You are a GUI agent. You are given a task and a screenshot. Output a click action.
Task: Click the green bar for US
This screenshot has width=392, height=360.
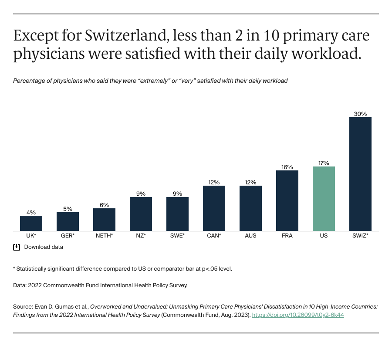point(324,199)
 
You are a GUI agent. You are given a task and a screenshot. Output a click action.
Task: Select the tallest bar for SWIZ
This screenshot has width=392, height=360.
point(360,174)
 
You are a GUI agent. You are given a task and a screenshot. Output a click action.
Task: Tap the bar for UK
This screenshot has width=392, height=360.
point(31,223)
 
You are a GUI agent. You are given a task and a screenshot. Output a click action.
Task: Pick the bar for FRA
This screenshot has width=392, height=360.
point(287,200)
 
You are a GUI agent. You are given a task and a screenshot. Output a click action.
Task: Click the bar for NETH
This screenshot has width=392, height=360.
point(104,220)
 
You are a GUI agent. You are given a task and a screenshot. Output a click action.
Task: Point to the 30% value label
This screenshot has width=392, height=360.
point(360,114)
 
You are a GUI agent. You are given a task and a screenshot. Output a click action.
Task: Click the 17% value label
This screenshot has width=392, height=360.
point(324,163)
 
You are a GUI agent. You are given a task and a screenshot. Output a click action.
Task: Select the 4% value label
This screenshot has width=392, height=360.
point(31,212)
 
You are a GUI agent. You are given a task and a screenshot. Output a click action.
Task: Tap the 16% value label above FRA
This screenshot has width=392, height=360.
point(287,167)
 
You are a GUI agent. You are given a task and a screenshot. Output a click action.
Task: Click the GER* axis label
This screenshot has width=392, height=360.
point(68,236)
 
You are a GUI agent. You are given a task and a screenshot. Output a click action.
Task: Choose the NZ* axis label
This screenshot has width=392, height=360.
point(141,236)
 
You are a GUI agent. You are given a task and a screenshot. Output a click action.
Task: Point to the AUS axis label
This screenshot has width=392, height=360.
point(250,236)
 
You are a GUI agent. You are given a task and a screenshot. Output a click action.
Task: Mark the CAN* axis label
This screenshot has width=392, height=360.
point(214,236)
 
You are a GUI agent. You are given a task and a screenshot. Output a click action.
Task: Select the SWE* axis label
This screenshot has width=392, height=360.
point(177,236)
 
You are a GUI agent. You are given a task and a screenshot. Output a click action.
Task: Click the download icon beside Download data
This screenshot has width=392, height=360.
point(17,247)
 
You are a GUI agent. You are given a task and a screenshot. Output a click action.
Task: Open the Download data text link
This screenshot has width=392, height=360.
point(44,247)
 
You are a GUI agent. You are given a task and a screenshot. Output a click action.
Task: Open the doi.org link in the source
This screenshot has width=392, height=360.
point(298,315)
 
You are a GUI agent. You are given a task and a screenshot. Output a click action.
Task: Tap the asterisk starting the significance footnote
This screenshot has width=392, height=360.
point(14,268)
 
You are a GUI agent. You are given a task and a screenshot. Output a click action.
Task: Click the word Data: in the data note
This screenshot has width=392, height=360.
point(20,285)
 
